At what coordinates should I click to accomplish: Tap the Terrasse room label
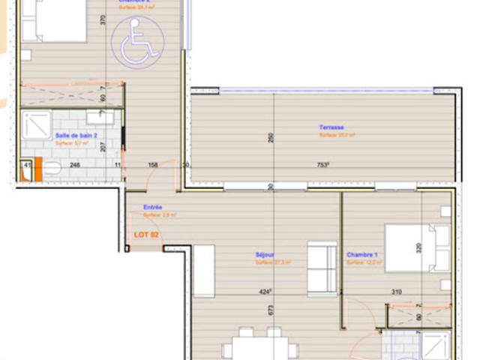coord(331,127)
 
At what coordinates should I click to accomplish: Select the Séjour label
coord(264,254)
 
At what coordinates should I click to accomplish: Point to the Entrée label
coord(153,207)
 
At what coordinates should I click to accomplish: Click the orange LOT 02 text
coord(145,235)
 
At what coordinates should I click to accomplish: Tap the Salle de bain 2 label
coord(76,136)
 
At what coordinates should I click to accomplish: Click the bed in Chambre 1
coord(417,247)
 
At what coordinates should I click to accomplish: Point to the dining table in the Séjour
coord(259,346)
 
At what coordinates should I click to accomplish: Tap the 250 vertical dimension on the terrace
coord(271,137)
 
